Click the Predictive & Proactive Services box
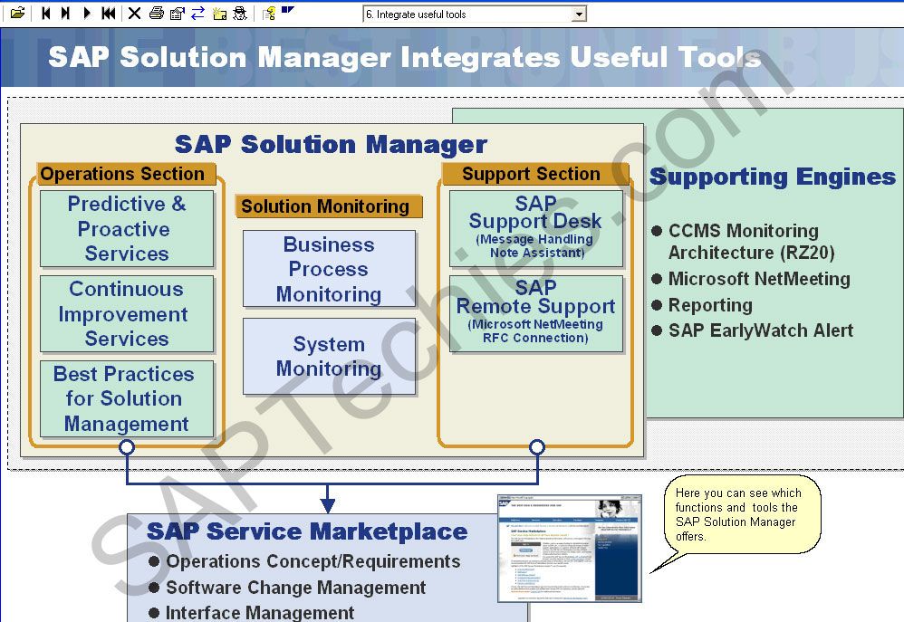coord(127,229)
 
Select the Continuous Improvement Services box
coord(127,314)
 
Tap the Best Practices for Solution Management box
coord(127,399)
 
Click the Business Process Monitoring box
coord(329,269)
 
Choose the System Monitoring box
coord(329,356)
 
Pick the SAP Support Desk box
coord(535,228)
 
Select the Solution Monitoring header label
coord(325,206)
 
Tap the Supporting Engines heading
coord(772,177)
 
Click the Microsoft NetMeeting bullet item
coord(758,279)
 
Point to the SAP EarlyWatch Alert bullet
coord(760,330)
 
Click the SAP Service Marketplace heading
coord(307,531)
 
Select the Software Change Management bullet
coord(295,588)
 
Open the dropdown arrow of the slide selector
coord(579,14)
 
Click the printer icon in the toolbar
coord(156,14)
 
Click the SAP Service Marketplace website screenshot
coord(569,549)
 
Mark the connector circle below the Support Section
coord(537,447)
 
